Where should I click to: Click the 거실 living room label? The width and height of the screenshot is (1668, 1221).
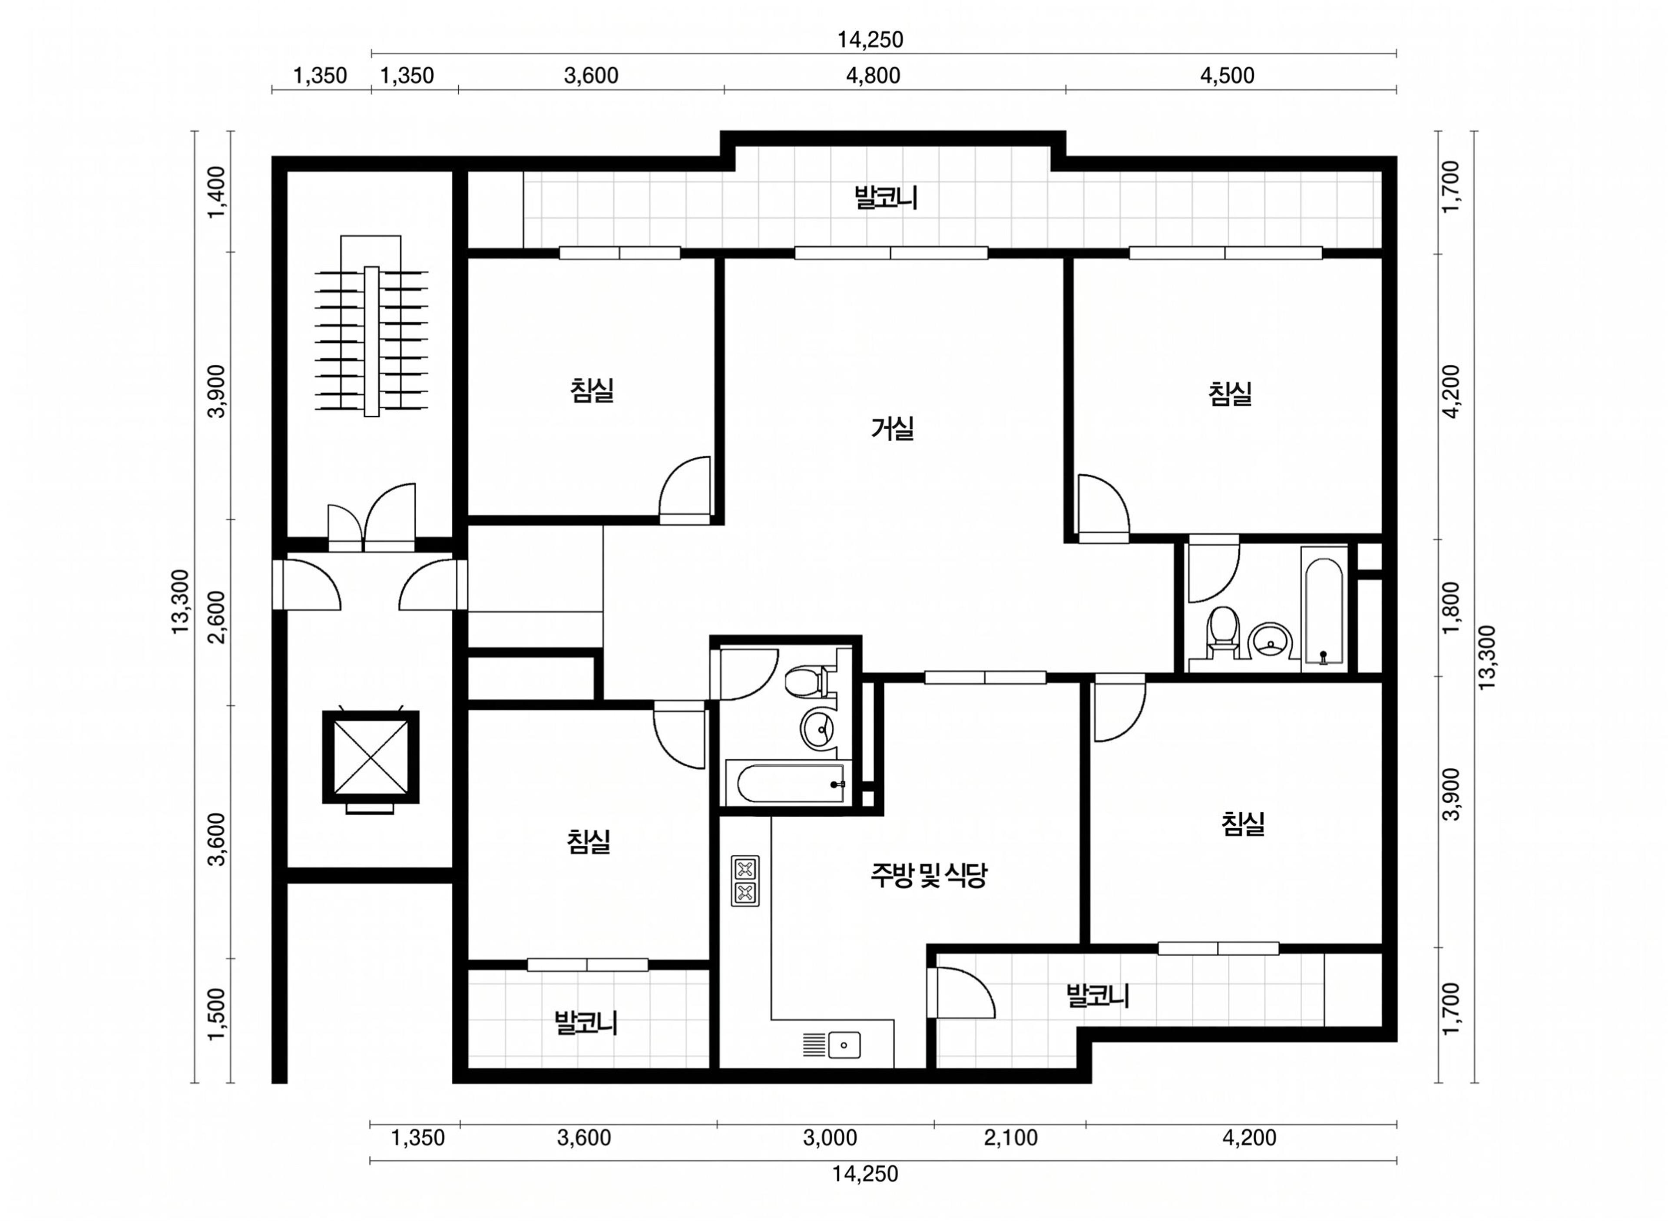coord(893,429)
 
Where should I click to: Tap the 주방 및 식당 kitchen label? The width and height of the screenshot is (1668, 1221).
coord(928,875)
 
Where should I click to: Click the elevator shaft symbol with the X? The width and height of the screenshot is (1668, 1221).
coord(371,757)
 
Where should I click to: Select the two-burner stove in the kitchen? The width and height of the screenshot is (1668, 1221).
coord(745,880)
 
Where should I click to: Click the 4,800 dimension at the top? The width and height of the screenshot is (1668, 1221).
coord(873,76)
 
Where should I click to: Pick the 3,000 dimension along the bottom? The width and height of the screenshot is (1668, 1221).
coord(830,1138)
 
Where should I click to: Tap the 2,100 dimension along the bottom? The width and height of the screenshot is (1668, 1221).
coord(1010,1138)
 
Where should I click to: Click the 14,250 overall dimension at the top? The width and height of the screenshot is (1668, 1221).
coord(870,39)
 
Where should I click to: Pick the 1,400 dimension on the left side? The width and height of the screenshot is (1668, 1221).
coord(217,192)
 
